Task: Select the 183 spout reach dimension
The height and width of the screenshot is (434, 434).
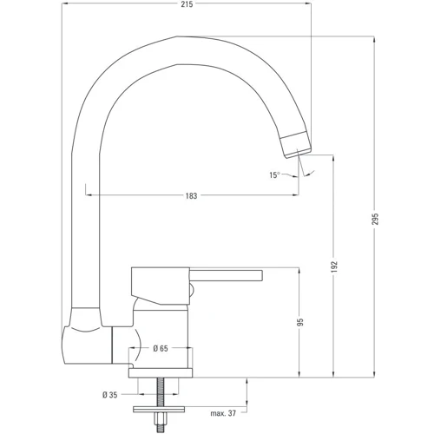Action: pos(191,195)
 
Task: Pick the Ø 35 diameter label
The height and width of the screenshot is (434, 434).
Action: pos(110,395)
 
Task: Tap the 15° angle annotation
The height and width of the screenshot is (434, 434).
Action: pos(273,175)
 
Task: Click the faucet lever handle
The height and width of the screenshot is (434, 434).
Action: pos(226,276)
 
